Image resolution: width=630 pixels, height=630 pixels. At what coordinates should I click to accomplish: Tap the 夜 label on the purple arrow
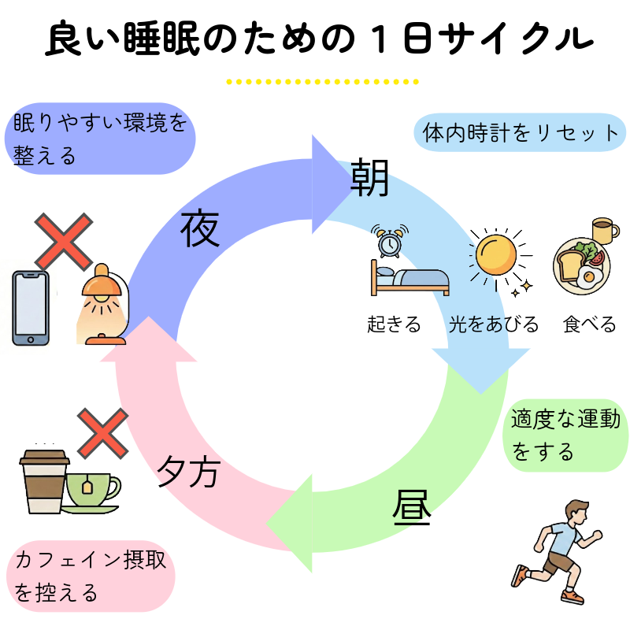200,228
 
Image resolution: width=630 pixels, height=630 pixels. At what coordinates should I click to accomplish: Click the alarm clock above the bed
390,242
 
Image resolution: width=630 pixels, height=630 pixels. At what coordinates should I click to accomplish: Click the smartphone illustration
31,308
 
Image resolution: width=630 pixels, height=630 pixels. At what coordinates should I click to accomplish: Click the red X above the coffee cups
102,432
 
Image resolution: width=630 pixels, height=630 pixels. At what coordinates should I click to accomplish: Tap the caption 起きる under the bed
394,324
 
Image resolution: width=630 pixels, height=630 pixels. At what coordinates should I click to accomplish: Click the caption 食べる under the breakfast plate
590,324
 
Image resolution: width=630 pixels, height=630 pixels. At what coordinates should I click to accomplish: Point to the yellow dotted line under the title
322,81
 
